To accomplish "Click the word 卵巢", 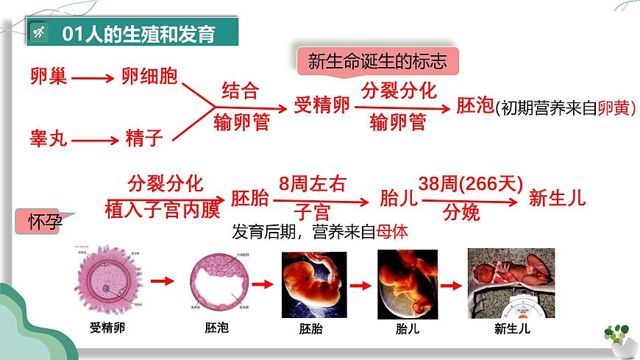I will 49,76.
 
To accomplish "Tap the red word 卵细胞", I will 149,76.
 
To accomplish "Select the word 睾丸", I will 49,138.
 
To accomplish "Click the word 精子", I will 143,138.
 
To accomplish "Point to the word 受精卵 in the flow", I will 321,105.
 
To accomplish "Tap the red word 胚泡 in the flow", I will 474,105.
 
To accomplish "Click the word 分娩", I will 461,213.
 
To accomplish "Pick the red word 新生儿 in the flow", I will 557,197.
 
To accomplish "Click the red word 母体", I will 392,232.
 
